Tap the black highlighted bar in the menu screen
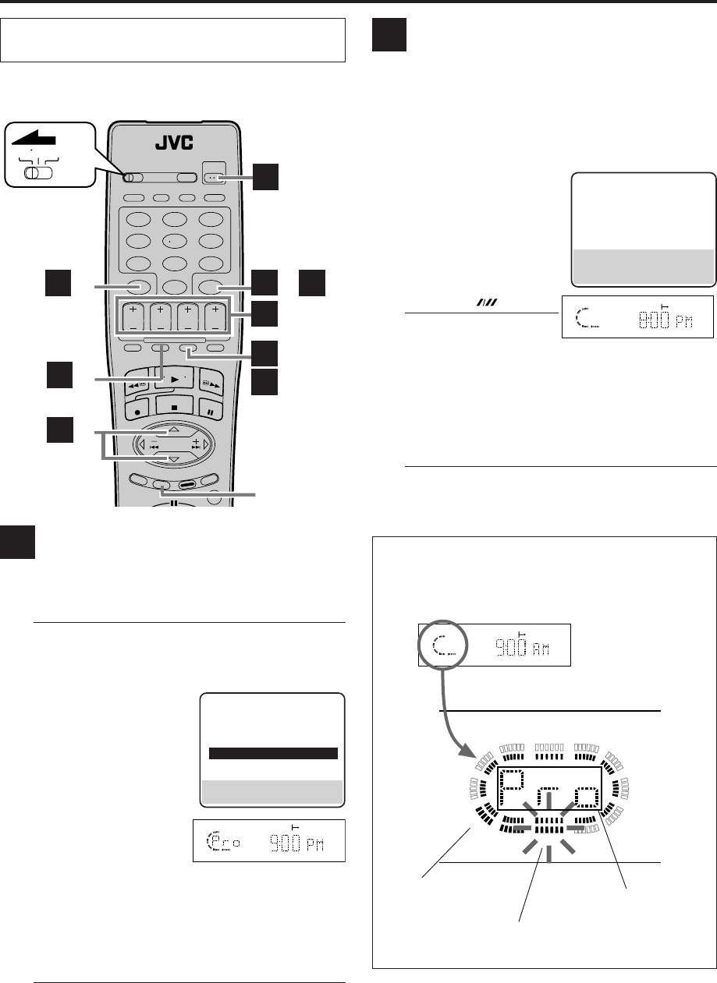tap(273, 753)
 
